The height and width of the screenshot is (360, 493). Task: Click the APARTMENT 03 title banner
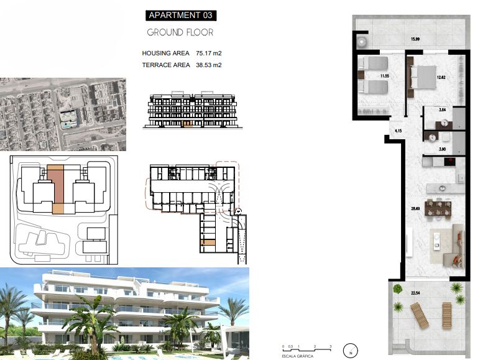181,16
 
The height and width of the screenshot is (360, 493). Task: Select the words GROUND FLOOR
180,32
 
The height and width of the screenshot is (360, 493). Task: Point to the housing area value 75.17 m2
209,53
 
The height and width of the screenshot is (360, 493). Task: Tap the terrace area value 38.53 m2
209,65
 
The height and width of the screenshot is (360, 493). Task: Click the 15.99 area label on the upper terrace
415,39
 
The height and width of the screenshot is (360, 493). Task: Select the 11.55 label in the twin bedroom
385,76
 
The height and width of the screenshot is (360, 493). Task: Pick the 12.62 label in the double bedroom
441,77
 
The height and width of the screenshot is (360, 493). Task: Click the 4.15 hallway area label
398,131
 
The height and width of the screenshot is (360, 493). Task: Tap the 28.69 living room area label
415,208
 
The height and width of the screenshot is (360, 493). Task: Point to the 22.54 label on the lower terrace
415,293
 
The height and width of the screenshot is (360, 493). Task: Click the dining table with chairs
438,208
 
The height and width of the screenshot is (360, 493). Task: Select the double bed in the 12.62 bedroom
423,77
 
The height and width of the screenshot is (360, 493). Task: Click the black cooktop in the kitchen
449,162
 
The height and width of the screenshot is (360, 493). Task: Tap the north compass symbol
350,351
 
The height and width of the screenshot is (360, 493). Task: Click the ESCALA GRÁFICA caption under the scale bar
297,356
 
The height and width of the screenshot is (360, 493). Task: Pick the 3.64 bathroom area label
442,109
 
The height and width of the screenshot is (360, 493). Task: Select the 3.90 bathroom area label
442,149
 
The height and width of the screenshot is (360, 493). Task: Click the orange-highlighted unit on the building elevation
187,124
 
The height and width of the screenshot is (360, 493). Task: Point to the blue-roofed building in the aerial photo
68,118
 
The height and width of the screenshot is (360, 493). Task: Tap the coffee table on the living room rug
436,241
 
